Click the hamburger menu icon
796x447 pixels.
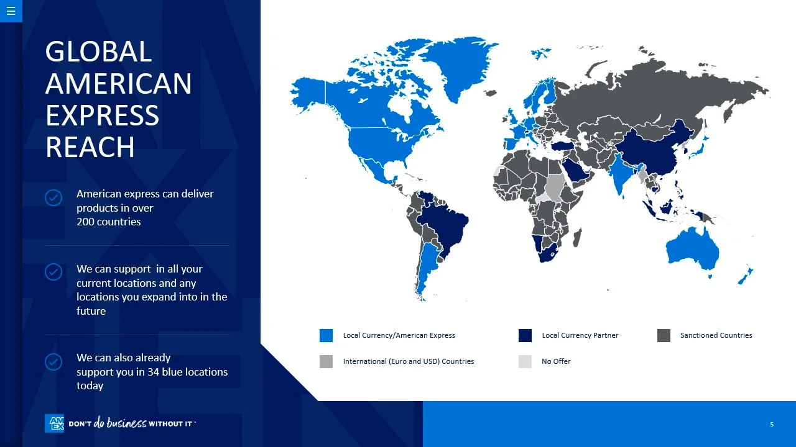tap(11, 11)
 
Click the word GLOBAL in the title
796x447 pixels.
tap(98, 52)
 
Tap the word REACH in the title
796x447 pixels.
tap(90, 147)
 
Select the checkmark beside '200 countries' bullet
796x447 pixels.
tap(53, 197)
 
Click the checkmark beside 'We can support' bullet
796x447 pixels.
tap(53, 272)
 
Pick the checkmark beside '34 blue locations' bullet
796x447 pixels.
tap(53, 362)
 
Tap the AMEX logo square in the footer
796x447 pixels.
tap(54, 423)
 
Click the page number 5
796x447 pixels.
tap(772, 424)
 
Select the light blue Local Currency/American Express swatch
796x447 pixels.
tap(326, 336)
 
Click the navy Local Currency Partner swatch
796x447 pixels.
tap(525, 336)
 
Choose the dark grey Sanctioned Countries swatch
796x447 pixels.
tap(664, 336)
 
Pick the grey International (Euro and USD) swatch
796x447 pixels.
tap(326, 361)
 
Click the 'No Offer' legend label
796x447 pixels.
tap(556, 361)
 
